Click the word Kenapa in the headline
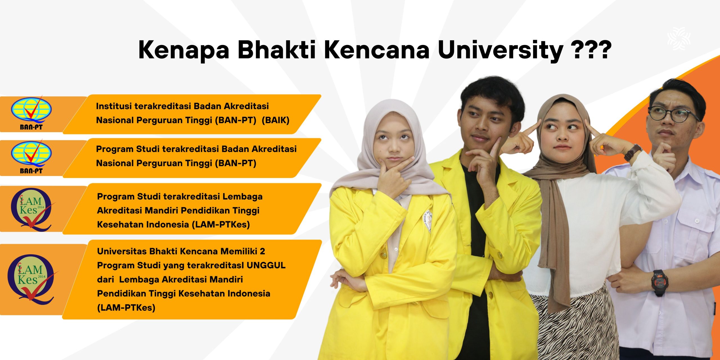(184, 50)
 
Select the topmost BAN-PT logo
(31, 113)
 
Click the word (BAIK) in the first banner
(275, 120)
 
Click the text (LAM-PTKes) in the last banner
(126, 308)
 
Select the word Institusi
(114, 106)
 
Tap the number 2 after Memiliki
(262, 251)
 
